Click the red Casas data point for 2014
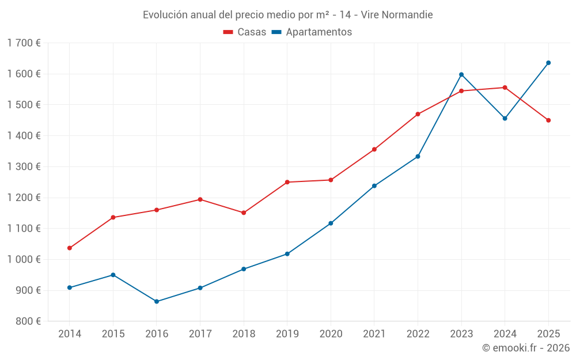point(70,248)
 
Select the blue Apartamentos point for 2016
point(157,302)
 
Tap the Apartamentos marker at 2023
point(461,74)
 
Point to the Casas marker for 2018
point(244,213)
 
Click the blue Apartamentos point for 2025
point(548,63)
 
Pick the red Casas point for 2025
point(548,120)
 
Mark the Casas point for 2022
point(418,114)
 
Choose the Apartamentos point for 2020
point(331,223)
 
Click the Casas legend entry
point(245,32)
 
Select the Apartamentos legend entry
point(312,32)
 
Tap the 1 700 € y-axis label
point(24,43)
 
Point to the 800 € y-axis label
point(28,321)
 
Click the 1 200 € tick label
point(24,198)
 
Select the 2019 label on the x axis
point(287,334)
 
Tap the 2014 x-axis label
point(70,334)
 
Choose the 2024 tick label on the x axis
point(505,334)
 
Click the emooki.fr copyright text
point(526,348)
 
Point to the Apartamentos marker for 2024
point(505,119)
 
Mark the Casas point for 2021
point(374,150)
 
